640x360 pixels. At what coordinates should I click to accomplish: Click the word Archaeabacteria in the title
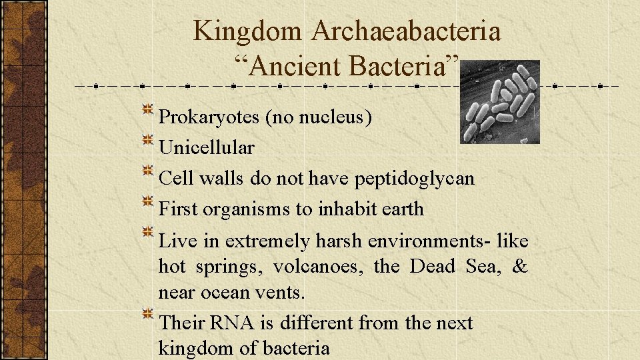pos(406,31)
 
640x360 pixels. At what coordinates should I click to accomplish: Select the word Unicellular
pos(206,147)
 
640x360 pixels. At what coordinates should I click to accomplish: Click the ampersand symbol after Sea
pos(519,267)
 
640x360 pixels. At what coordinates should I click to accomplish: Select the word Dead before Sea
pos(431,267)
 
